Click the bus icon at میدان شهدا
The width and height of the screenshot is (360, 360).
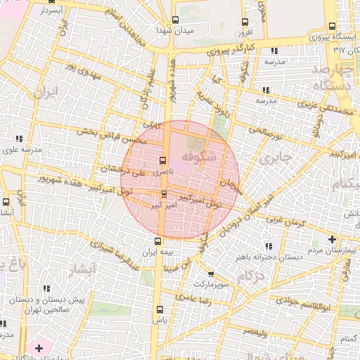tap(174, 20)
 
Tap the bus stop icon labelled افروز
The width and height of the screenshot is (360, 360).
tap(244, 22)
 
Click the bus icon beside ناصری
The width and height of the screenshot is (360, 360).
tap(163, 160)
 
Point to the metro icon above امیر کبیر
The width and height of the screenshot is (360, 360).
tap(164, 193)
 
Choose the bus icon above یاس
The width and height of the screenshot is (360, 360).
tap(159, 309)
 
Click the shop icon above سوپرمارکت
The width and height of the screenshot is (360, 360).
tap(211, 274)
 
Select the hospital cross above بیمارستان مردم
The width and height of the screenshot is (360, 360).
tap(332, 240)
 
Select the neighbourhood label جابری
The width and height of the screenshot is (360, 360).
tap(275, 159)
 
